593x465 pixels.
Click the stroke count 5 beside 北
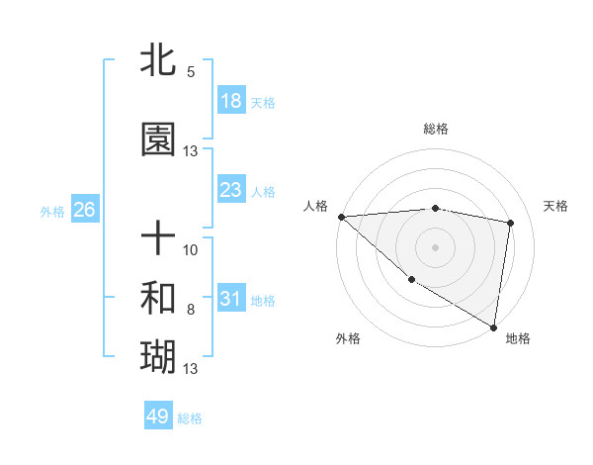(x=191, y=72)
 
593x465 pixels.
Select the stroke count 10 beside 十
(x=191, y=250)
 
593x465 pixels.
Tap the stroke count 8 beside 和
(x=191, y=310)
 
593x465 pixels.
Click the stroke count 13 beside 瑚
(x=191, y=369)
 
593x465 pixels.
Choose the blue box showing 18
(x=230, y=101)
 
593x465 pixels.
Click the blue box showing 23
(x=230, y=190)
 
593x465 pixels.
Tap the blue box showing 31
(x=230, y=299)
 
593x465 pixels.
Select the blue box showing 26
(x=84, y=210)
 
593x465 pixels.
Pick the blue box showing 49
(x=158, y=417)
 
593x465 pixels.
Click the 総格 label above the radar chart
(x=436, y=129)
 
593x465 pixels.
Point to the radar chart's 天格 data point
(x=511, y=223)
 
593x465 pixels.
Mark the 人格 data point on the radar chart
(x=341, y=217)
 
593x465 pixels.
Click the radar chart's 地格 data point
(x=494, y=326)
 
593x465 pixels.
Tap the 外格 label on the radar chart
(x=348, y=338)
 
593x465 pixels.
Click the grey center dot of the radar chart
(x=436, y=247)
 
